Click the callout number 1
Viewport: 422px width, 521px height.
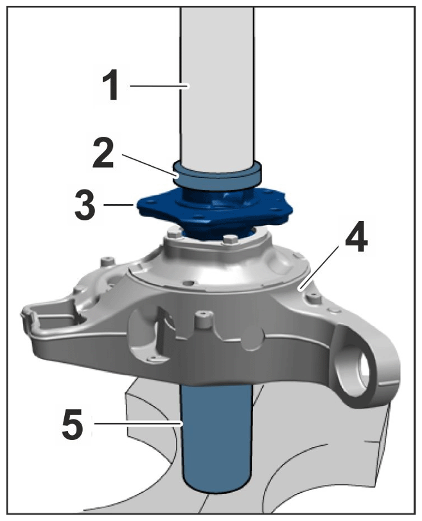tap(110, 85)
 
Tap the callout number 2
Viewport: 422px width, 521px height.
tap(103, 153)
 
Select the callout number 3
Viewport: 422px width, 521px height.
tap(85, 205)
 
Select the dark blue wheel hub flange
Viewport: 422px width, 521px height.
tap(215, 211)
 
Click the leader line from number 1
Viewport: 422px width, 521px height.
tap(159, 86)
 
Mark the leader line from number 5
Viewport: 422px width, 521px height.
tap(138, 423)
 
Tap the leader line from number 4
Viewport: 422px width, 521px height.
tap(320, 267)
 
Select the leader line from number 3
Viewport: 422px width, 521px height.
tap(119, 206)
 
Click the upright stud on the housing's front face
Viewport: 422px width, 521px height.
tap(204, 319)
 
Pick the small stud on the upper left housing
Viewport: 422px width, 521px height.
tap(107, 261)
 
